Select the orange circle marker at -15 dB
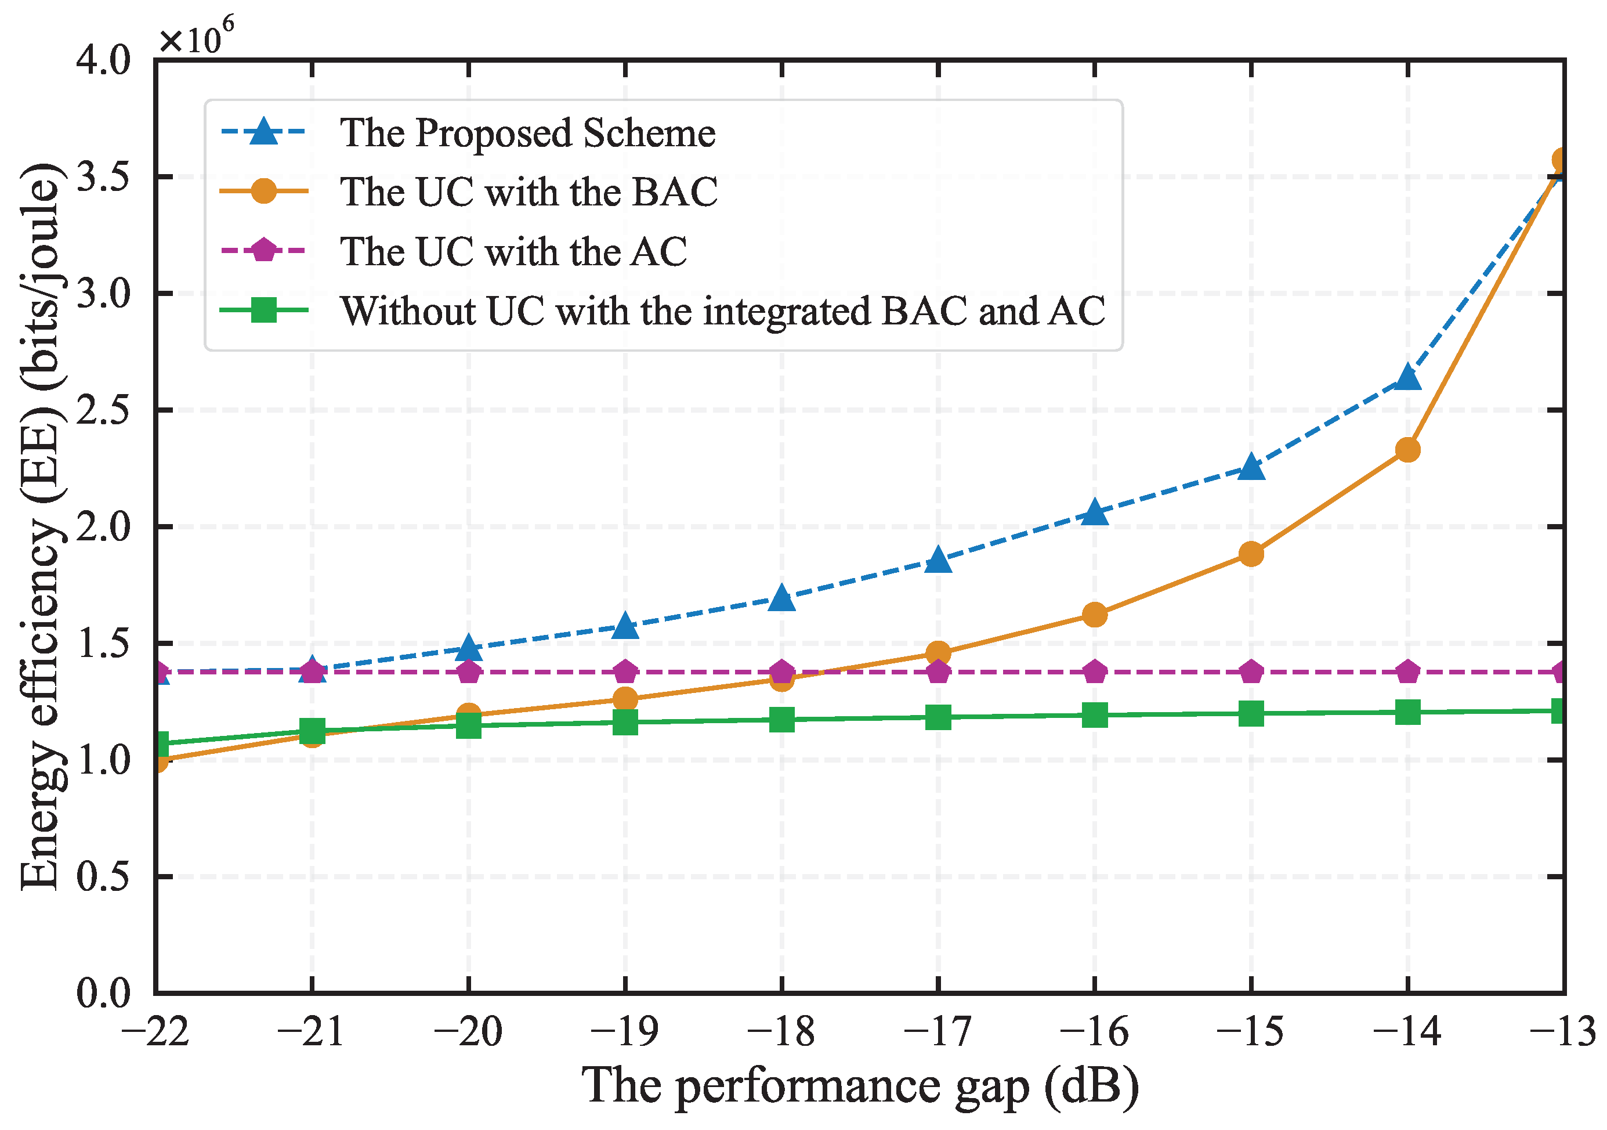[x=1251, y=554]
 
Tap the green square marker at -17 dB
[x=938, y=717]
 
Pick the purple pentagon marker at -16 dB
[x=1095, y=672]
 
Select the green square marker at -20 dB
[x=469, y=725]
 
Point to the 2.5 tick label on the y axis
[x=104, y=410]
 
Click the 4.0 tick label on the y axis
[x=104, y=60]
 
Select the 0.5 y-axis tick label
[x=104, y=876]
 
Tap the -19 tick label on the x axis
[x=624, y=1031]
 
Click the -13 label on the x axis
[x=1562, y=1031]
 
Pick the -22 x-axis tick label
[x=155, y=1031]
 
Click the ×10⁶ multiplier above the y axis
[x=196, y=38]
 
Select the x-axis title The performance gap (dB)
[x=860, y=1086]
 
